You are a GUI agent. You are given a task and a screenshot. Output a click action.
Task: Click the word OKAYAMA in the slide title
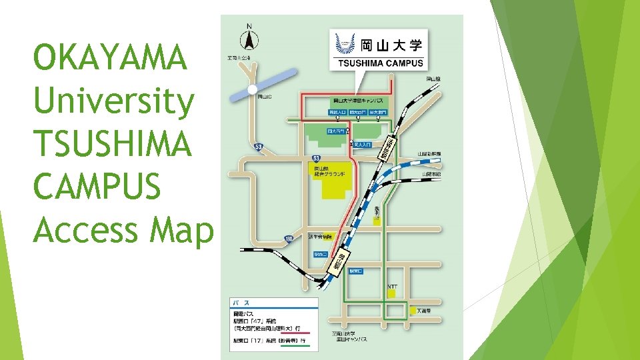111,58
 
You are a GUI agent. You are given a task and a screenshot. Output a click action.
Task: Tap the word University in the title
113,101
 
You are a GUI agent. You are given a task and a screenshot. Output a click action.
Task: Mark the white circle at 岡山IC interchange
252,89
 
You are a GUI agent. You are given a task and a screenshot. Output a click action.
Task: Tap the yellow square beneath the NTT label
392,293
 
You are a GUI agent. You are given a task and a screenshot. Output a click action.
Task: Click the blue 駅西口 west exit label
321,254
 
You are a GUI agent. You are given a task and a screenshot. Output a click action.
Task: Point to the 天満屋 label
427,310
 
